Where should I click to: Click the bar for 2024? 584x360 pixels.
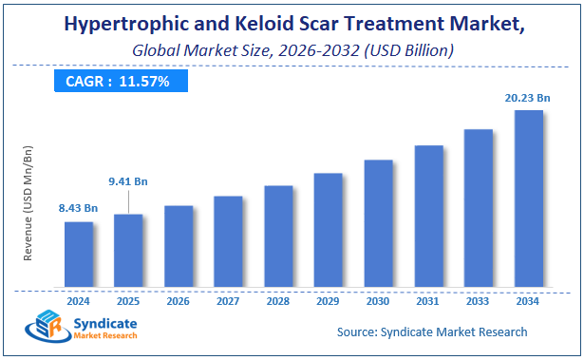(x=79, y=254)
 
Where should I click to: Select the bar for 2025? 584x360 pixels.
(x=128, y=250)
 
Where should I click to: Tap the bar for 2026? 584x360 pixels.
(x=179, y=246)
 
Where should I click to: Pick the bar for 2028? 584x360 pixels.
(x=278, y=236)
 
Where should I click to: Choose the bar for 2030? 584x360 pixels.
(x=378, y=223)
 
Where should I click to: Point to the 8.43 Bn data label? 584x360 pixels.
(x=79, y=208)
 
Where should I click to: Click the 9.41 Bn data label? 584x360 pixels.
(x=128, y=181)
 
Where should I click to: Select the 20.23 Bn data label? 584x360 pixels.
(x=528, y=96)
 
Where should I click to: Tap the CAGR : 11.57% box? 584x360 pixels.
(x=118, y=82)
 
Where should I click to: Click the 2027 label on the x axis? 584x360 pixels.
(x=228, y=301)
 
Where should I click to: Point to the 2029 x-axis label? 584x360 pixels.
(x=328, y=301)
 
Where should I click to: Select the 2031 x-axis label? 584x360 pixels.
(x=428, y=301)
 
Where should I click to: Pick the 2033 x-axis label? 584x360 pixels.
(x=478, y=301)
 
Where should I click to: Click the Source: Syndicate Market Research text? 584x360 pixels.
(x=432, y=332)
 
